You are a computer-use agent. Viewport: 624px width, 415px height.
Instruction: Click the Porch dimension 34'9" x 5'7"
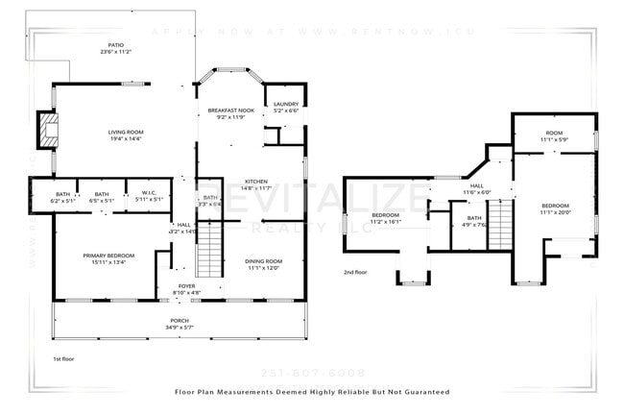(179, 328)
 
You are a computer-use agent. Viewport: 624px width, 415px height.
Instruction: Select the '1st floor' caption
(64, 359)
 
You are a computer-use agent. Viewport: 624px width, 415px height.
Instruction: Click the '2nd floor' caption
(355, 272)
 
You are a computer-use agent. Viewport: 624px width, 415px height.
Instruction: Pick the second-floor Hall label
(477, 188)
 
